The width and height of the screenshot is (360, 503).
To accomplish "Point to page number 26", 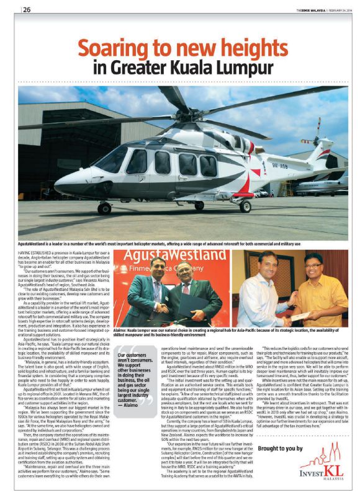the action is click(27, 9).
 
